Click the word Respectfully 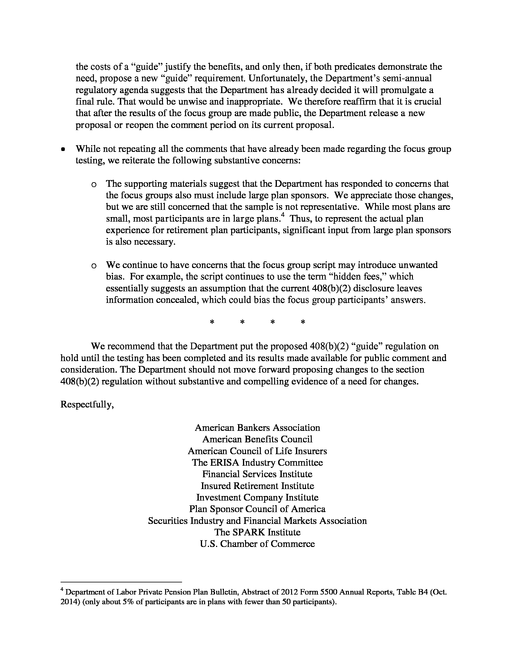pos(87,405)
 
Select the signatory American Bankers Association pos(257,427)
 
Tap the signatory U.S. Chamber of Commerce pos(257,544)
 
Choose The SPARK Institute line pos(257,532)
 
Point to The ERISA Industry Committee pos(257,462)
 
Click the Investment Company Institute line pos(257,498)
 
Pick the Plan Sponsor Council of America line pos(257,509)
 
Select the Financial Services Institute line pos(257,474)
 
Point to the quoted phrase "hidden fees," pos(359,277)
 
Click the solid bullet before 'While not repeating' pos(63,150)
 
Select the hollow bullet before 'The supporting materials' pos(94,184)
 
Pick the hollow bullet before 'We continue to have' pos(94,266)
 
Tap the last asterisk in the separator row pos(303,322)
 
